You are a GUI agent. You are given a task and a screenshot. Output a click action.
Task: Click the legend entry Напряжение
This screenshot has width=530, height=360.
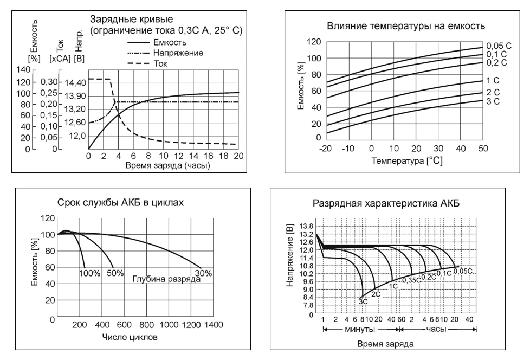tap(179, 53)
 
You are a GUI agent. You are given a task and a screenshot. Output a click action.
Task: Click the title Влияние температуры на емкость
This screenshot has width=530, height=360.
tap(405, 25)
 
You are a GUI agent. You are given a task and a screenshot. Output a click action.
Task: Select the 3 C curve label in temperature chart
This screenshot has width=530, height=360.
tap(492, 102)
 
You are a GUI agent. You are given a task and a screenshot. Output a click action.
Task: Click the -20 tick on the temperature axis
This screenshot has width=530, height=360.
tap(326, 148)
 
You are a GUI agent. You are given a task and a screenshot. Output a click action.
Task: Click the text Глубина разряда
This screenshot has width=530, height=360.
tap(163, 279)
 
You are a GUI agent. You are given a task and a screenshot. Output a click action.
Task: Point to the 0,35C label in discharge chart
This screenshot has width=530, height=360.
tap(412, 280)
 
